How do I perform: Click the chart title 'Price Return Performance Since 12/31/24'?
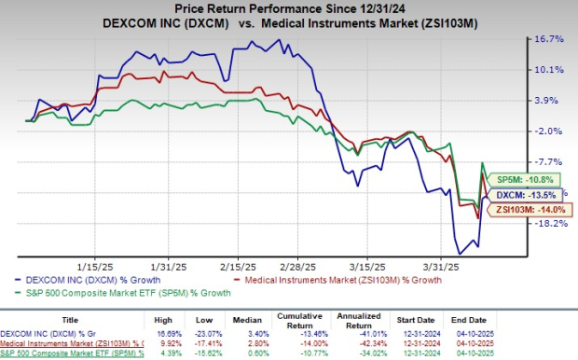(288, 8)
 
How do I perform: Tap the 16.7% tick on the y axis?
(550, 40)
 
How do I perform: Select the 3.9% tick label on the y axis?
(550, 101)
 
